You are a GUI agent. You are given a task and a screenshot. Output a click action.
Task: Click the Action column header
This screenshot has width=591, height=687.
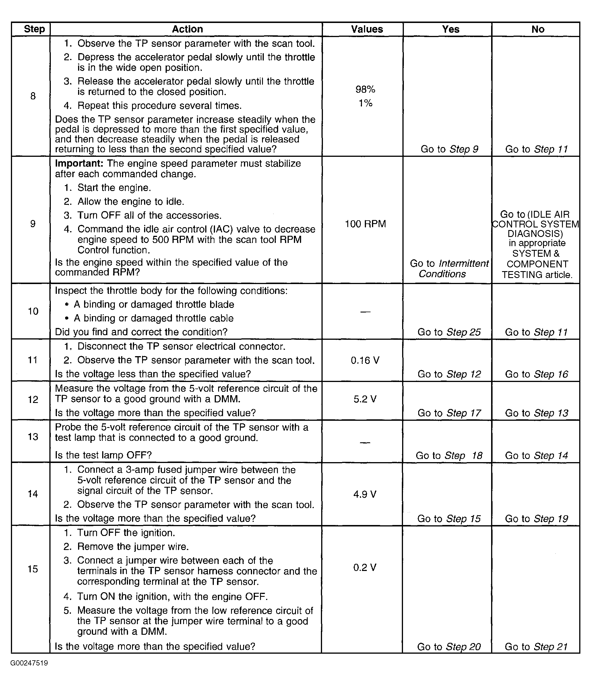click(x=187, y=29)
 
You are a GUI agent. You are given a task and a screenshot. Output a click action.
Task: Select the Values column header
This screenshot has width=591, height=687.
click(x=367, y=29)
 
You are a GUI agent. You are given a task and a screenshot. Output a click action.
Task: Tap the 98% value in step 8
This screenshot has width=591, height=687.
click(x=365, y=89)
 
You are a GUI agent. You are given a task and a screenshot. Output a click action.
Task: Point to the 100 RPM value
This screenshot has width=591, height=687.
click(x=365, y=224)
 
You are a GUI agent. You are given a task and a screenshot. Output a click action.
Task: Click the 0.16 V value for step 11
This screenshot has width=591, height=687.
click(x=365, y=360)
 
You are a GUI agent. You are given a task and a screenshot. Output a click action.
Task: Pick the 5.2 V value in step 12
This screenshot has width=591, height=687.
click(x=365, y=399)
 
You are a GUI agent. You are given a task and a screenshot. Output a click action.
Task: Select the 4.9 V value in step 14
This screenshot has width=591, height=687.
click(x=365, y=494)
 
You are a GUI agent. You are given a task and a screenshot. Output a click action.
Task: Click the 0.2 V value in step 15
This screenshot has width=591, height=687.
click(x=365, y=568)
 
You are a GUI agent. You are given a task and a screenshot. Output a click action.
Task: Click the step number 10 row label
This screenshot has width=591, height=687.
click(x=33, y=311)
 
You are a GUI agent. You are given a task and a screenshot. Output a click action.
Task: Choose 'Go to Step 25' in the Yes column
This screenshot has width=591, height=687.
click(x=449, y=332)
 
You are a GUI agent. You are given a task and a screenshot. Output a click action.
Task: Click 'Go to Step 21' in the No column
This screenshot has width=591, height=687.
click(x=536, y=647)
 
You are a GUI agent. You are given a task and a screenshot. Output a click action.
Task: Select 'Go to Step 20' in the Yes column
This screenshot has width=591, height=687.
click(x=449, y=647)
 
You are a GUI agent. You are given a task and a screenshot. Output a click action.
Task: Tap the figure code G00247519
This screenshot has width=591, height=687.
click(x=29, y=663)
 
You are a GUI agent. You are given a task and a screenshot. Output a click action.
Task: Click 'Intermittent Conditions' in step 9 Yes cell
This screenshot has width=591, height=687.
click(x=449, y=269)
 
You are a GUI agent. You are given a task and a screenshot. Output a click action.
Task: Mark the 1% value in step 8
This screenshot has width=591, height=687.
click(x=365, y=103)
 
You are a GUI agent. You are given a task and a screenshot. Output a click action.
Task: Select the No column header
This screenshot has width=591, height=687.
click(x=538, y=29)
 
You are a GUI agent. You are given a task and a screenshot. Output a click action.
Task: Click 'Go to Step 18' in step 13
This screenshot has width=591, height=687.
click(x=449, y=455)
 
